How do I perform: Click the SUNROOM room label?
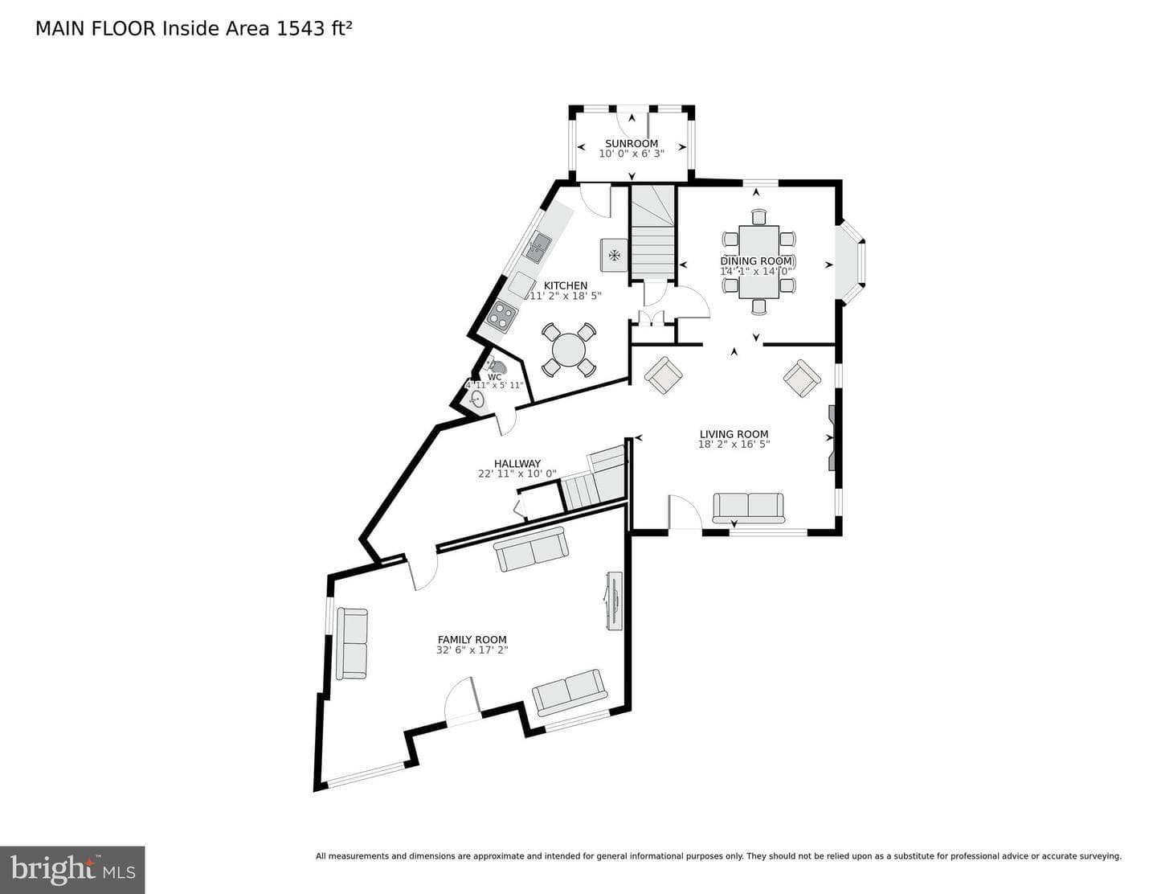tap(631, 143)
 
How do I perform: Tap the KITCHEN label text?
tap(565, 285)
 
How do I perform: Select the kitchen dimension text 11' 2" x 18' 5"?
tap(564, 296)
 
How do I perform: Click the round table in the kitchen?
tap(569, 350)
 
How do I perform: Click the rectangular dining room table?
tap(758, 261)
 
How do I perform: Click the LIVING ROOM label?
tap(734, 434)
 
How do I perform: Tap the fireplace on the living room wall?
tap(832, 438)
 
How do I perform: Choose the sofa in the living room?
tap(748, 508)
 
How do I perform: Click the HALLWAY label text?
tap(517, 464)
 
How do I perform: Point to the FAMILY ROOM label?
tap(472, 639)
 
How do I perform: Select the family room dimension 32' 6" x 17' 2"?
tap(472, 650)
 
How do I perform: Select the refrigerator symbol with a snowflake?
tap(614, 255)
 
